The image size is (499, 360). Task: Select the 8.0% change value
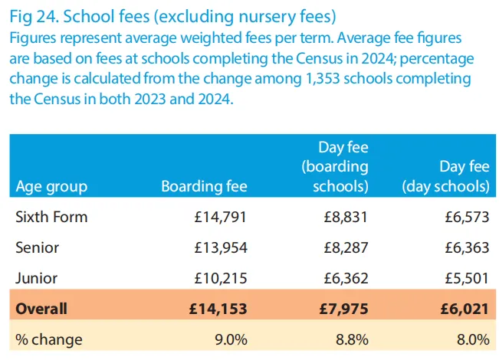(x=472, y=339)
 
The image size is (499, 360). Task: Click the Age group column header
(x=51, y=186)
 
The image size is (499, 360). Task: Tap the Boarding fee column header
(x=204, y=186)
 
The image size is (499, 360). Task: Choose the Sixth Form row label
(x=51, y=217)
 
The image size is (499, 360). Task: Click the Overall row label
(x=41, y=309)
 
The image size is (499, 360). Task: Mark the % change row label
(x=49, y=339)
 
